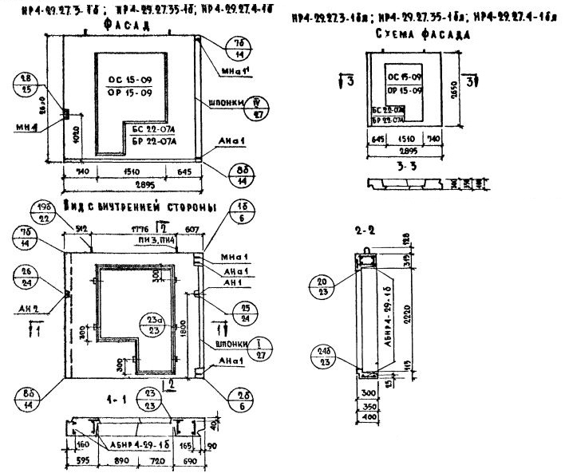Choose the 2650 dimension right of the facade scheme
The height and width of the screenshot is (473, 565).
pos(460,89)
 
